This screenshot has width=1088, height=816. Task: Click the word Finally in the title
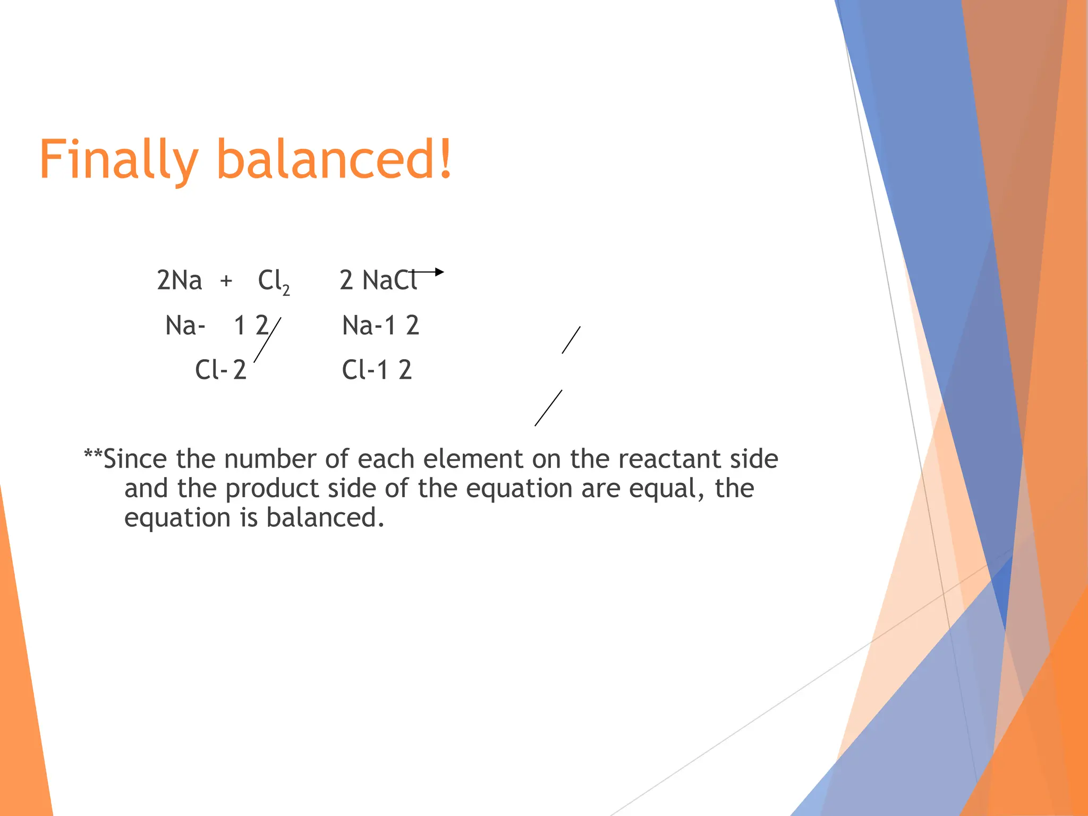coord(118,160)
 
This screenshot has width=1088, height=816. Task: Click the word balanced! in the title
coord(335,159)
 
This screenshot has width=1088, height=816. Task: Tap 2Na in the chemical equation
coord(180,280)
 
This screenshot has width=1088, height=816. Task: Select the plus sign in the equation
coord(226,280)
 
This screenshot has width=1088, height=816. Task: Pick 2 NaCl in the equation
coord(378,280)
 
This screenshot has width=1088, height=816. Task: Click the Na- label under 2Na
coord(185,325)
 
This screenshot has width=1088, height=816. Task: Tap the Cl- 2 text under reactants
coord(220,370)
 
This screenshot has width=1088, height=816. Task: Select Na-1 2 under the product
coord(380,325)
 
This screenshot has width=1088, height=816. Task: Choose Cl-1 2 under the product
coord(377,370)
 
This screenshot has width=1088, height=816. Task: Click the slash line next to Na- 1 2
coord(267,340)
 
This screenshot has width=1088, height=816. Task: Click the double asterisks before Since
coord(93,456)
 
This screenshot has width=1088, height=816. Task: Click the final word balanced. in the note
coord(325,518)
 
